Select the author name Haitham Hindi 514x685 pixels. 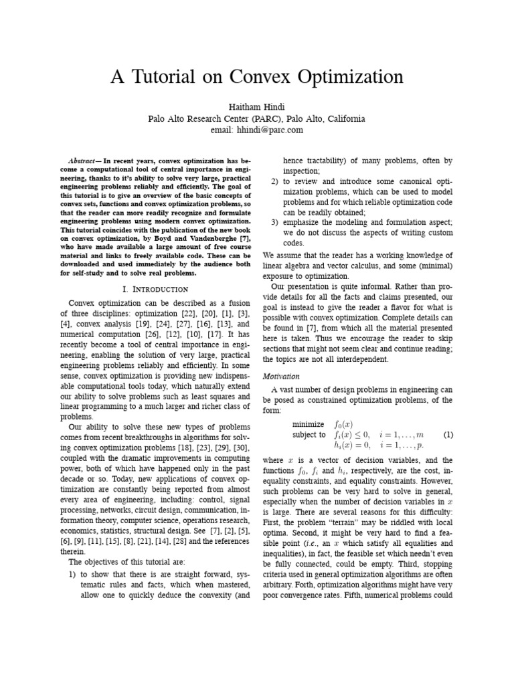(257, 107)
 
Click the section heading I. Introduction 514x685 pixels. (156, 289)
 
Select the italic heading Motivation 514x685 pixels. (281, 377)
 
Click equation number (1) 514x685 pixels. (448, 434)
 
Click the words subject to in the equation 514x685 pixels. (309, 434)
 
